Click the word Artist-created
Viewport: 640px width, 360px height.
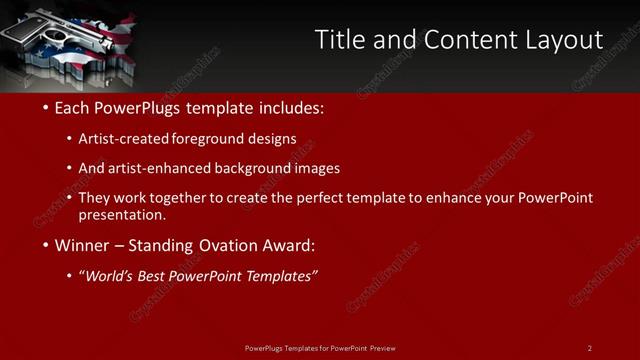(123, 139)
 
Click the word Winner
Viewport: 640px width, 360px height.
(83, 245)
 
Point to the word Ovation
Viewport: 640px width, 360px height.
(229, 245)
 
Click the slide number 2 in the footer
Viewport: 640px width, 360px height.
(589, 347)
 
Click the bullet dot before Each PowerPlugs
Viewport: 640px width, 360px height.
(45, 108)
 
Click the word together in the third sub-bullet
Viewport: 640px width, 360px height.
(178, 198)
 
